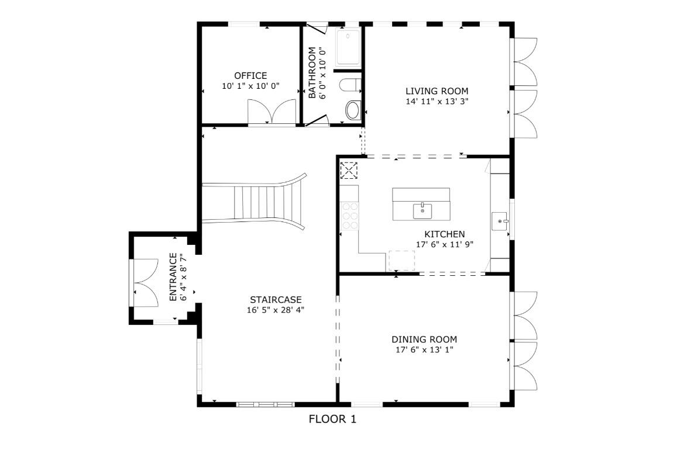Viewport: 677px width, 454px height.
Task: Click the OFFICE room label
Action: pos(250,75)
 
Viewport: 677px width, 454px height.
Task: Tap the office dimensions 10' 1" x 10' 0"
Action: pos(250,86)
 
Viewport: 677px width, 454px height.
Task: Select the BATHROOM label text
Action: pos(312,73)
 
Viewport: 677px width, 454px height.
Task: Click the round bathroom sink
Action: pos(353,110)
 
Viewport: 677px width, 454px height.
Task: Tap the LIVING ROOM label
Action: pos(437,91)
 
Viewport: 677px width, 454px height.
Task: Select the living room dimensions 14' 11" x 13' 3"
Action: pos(437,101)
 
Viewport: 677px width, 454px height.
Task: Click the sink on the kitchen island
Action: pos(422,210)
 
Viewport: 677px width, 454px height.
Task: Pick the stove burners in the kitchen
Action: pos(349,216)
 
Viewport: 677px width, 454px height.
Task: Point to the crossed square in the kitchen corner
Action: pos(349,170)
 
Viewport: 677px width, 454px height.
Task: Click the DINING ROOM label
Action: pos(424,339)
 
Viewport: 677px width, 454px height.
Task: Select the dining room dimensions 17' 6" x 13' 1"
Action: pos(424,350)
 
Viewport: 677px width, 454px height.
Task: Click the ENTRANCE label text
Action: pos(173,277)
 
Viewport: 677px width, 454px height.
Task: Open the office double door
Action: pos(272,112)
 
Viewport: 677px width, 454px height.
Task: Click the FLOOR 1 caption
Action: pos(332,419)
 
